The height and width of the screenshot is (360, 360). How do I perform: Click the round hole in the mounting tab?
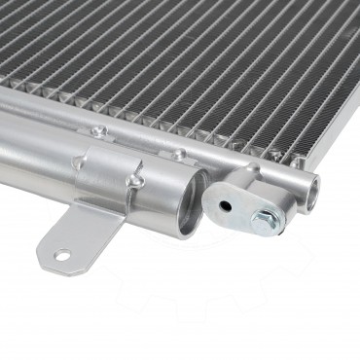pyautogui.click(x=62, y=257)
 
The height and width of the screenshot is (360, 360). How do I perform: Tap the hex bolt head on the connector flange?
pyautogui.click(x=262, y=220)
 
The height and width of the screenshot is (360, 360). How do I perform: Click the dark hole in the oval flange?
pyautogui.click(x=225, y=205)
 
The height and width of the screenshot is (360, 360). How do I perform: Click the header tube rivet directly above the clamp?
pyautogui.click(x=96, y=130)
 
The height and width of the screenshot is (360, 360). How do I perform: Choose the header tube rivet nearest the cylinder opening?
pyautogui.click(x=178, y=154)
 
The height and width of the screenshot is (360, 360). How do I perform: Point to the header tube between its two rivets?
pyautogui.click(x=136, y=141)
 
